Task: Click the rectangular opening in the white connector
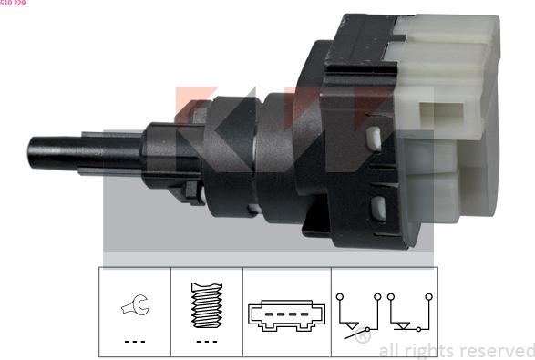(446, 115)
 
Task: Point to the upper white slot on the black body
(374, 139)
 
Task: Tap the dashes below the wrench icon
(134, 342)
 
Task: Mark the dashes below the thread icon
(207, 342)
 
